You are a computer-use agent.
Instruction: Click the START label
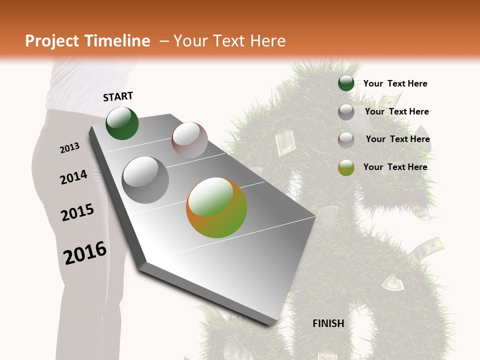point(118,96)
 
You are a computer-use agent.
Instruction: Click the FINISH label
point(328,323)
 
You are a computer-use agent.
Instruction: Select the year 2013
point(69,148)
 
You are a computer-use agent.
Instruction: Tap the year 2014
point(73,177)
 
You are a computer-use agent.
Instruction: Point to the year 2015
point(77,212)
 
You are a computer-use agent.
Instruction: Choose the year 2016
point(85,253)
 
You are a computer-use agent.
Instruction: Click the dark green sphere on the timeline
point(122,123)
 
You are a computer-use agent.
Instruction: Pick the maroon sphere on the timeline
point(189,140)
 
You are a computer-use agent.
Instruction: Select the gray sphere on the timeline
point(145,180)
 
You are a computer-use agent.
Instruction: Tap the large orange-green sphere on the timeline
point(216,207)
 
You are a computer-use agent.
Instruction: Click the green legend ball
point(346,83)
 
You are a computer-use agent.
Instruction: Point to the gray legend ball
point(346,112)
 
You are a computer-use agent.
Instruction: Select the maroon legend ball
point(346,139)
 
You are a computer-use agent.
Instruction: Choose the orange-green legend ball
point(346,167)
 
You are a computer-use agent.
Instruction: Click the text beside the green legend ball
point(395,83)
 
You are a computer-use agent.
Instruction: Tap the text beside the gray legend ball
point(396,111)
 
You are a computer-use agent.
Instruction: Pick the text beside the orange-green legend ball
point(395,167)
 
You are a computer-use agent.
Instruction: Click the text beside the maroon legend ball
point(397,139)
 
